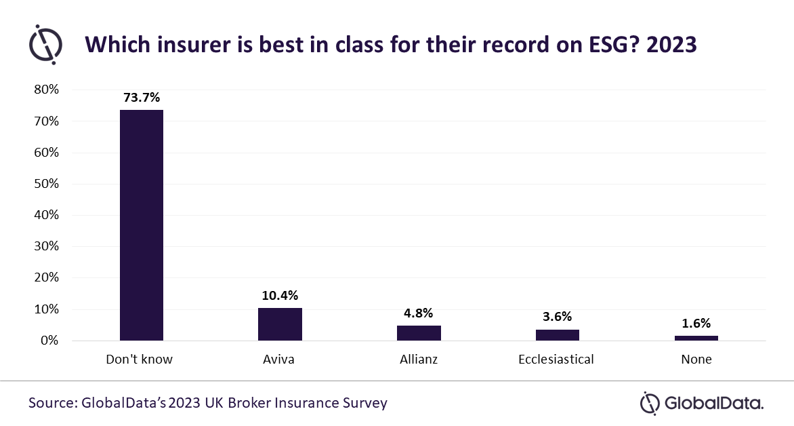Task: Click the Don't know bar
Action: [142, 225]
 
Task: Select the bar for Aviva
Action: [280, 324]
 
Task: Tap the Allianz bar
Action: [419, 332]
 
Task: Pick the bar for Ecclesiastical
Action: [558, 334]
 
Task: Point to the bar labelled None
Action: [696, 338]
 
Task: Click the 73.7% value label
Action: [142, 98]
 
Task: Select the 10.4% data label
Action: [280, 296]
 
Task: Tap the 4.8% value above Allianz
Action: [418, 313]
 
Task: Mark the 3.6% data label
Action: [557, 317]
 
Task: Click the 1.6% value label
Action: [696, 324]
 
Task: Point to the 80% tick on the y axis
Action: [47, 90]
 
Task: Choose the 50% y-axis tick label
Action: [47, 184]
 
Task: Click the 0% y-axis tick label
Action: [49, 341]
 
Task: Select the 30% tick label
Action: [47, 246]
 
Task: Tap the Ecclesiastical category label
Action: [556, 359]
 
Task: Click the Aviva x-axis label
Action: [278, 359]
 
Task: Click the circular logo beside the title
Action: [45, 45]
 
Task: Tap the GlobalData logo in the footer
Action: [702, 404]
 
